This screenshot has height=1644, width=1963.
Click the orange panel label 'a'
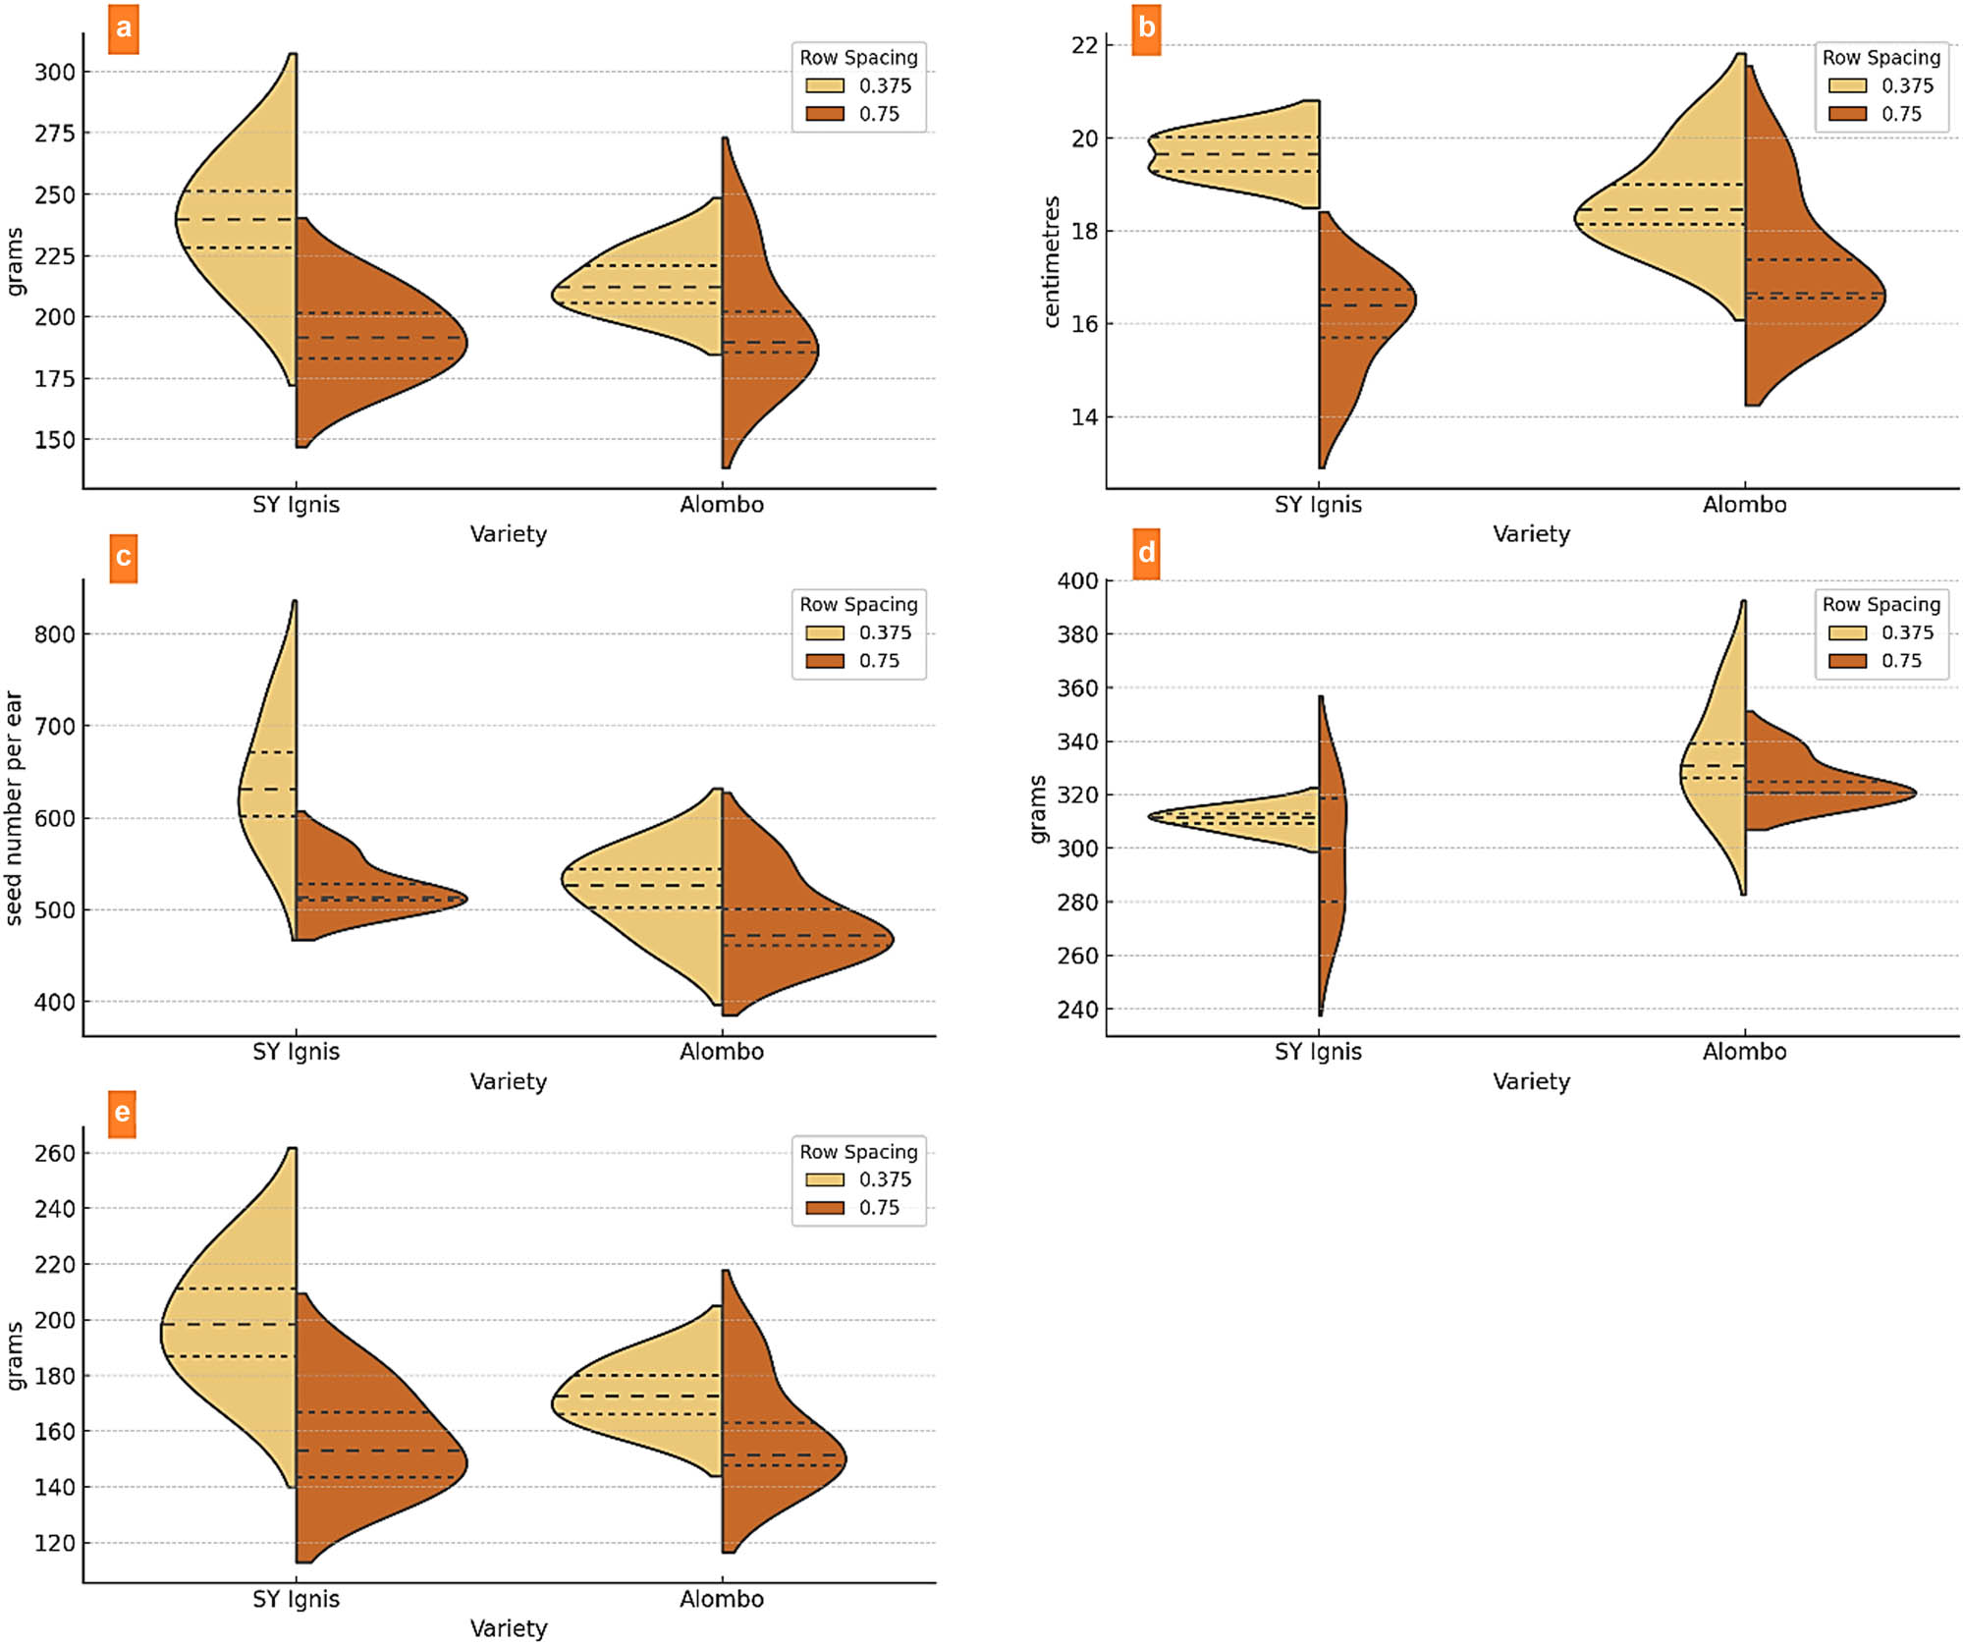pyautogui.click(x=123, y=28)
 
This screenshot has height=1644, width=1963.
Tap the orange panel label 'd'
pyautogui.click(x=1146, y=554)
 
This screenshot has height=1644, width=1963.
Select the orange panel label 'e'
pyautogui.click(x=122, y=1113)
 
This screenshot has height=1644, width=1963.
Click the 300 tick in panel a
pyautogui.click(x=54, y=72)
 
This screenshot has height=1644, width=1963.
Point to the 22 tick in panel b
pyautogui.click(x=1084, y=45)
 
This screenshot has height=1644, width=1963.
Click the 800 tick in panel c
pyautogui.click(x=54, y=634)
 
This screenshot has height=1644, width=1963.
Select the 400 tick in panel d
pyautogui.click(x=1077, y=580)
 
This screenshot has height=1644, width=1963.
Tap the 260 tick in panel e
pyautogui.click(x=54, y=1153)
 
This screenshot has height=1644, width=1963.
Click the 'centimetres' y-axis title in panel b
pyautogui.click(x=1052, y=261)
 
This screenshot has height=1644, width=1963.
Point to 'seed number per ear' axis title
pyautogui.click(x=14, y=807)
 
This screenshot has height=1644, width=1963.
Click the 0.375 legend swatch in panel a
pyautogui.click(x=824, y=85)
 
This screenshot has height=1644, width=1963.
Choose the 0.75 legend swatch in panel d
pyautogui.click(x=1847, y=661)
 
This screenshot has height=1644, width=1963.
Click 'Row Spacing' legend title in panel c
pyautogui.click(x=858, y=604)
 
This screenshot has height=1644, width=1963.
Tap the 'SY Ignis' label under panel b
pyautogui.click(x=1318, y=505)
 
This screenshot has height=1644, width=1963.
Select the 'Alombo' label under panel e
pyautogui.click(x=722, y=1599)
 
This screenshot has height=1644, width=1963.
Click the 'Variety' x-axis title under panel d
pyautogui.click(x=1531, y=1081)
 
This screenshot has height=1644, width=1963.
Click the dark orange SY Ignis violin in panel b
pyautogui.click(x=1360, y=314)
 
